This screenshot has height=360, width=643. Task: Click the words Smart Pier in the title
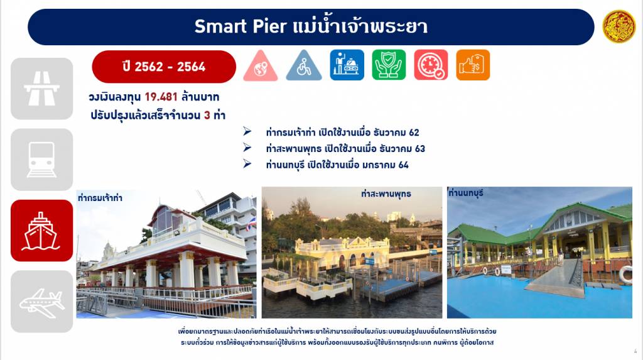[x=240, y=26]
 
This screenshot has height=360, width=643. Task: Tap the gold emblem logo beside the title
[x=619, y=26]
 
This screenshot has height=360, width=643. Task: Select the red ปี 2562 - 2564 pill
[x=164, y=67]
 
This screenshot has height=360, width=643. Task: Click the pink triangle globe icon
[x=261, y=66]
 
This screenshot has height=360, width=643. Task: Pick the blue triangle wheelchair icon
[x=304, y=66]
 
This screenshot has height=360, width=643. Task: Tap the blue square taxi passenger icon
[x=347, y=65]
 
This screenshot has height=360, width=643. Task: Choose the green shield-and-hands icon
[x=389, y=65]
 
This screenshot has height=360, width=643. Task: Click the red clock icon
[x=431, y=65]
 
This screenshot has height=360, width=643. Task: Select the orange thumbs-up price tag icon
[x=473, y=65]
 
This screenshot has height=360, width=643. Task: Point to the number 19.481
[x=161, y=97]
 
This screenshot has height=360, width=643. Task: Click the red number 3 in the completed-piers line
[x=207, y=115]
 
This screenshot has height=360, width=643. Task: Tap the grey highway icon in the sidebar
[x=42, y=89]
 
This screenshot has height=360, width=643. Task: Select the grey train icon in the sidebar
[x=42, y=160]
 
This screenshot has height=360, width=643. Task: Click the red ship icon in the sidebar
[x=42, y=231]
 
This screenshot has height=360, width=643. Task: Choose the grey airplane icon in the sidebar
[x=42, y=302]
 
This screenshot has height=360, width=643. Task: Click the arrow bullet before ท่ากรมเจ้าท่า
[x=247, y=131]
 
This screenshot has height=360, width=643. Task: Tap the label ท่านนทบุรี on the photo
[x=466, y=193]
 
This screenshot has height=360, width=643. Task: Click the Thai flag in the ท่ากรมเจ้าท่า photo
[x=251, y=224]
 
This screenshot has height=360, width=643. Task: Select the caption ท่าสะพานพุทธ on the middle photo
[x=386, y=194]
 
